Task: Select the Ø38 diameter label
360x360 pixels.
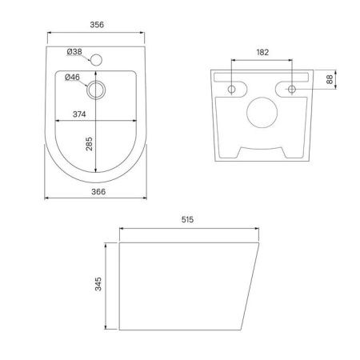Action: (x=75, y=53)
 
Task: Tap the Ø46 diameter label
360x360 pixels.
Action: (x=72, y=77)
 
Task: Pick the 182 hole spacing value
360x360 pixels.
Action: (x=263, y=53)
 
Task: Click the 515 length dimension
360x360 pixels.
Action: (x=189, y=218)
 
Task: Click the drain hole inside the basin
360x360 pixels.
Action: (x=98, y=89)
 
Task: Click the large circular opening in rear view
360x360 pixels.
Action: (x=262, y=114)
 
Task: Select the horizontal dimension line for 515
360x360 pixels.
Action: (x=189, y=229)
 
